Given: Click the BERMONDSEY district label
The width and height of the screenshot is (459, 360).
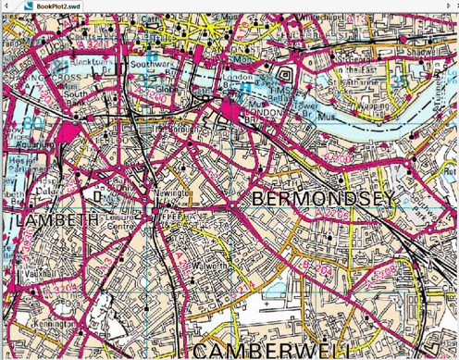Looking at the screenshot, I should tap(321, 199).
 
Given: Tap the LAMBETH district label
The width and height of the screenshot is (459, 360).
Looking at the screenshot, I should tap(57, 219).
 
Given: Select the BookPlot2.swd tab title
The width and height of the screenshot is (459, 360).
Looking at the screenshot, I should tap(56, 6).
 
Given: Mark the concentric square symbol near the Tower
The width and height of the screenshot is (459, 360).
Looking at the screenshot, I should tap(283, 73).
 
